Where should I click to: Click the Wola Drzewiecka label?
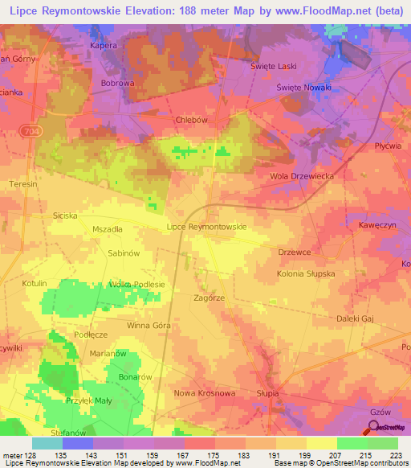click(301, 175)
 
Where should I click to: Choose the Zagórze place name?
click(210, 297)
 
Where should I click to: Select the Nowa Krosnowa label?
click(205, 393)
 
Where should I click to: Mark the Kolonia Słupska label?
click(305, 274)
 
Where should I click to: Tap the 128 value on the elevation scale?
click(31, 456)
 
